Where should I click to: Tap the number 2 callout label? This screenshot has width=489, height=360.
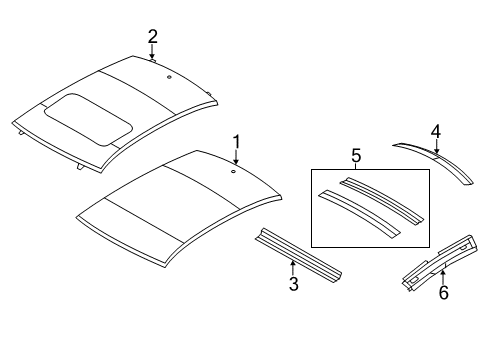click(x=152, y=37)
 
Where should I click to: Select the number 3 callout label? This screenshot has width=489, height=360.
click(x=292, y=286)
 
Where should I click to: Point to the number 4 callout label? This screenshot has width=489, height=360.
click(x=435, y=130)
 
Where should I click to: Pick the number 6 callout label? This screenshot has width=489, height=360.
click(x=444, y=293)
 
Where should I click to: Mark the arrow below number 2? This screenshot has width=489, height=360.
click(x=152, y=52)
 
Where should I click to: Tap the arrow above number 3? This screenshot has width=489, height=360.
click(x=292, y=268)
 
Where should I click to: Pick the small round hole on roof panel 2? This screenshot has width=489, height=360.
click(x=169, y=76)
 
